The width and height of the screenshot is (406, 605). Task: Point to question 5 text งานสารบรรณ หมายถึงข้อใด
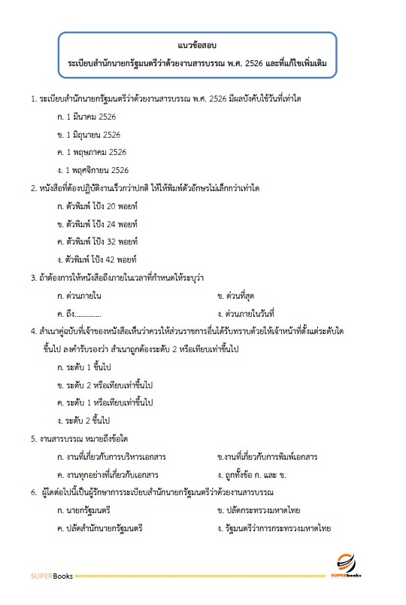pyautogui.click(x=79, y=438)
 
